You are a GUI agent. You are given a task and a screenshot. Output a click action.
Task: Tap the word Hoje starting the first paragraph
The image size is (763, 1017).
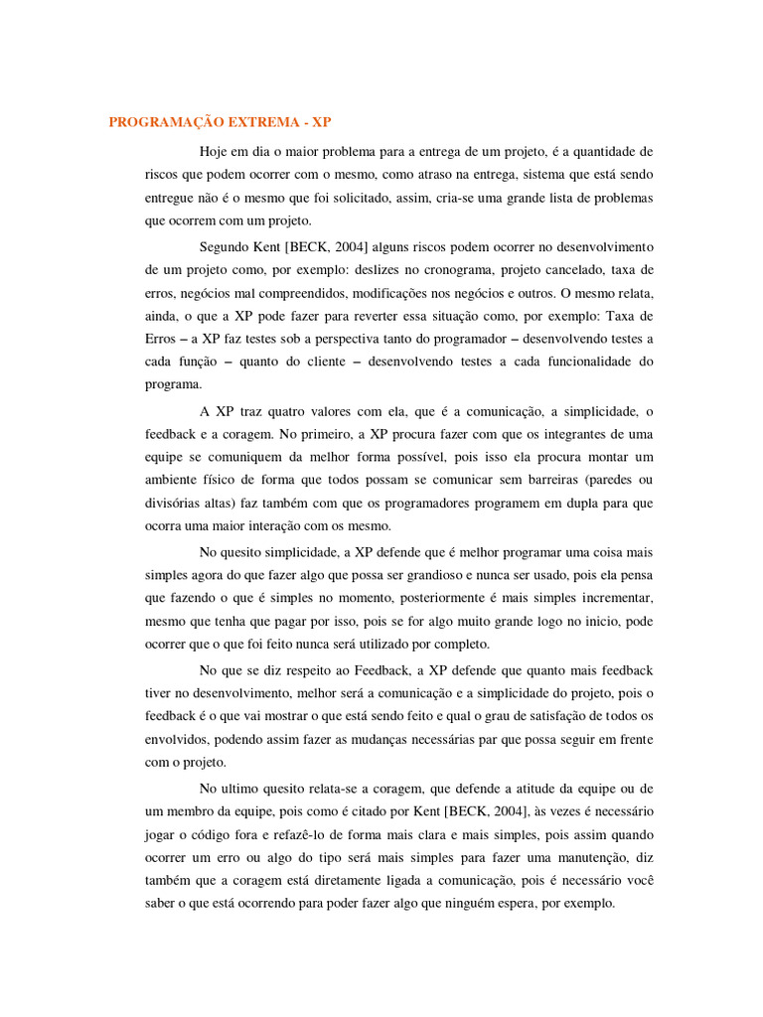tap(215, 151)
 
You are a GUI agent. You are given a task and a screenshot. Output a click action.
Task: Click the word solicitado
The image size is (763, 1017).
tap(352, 198)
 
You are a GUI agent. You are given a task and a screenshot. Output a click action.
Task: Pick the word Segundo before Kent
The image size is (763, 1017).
tap(226, 245)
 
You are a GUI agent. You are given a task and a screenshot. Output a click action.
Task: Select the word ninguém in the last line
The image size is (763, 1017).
tap(472, 904)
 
